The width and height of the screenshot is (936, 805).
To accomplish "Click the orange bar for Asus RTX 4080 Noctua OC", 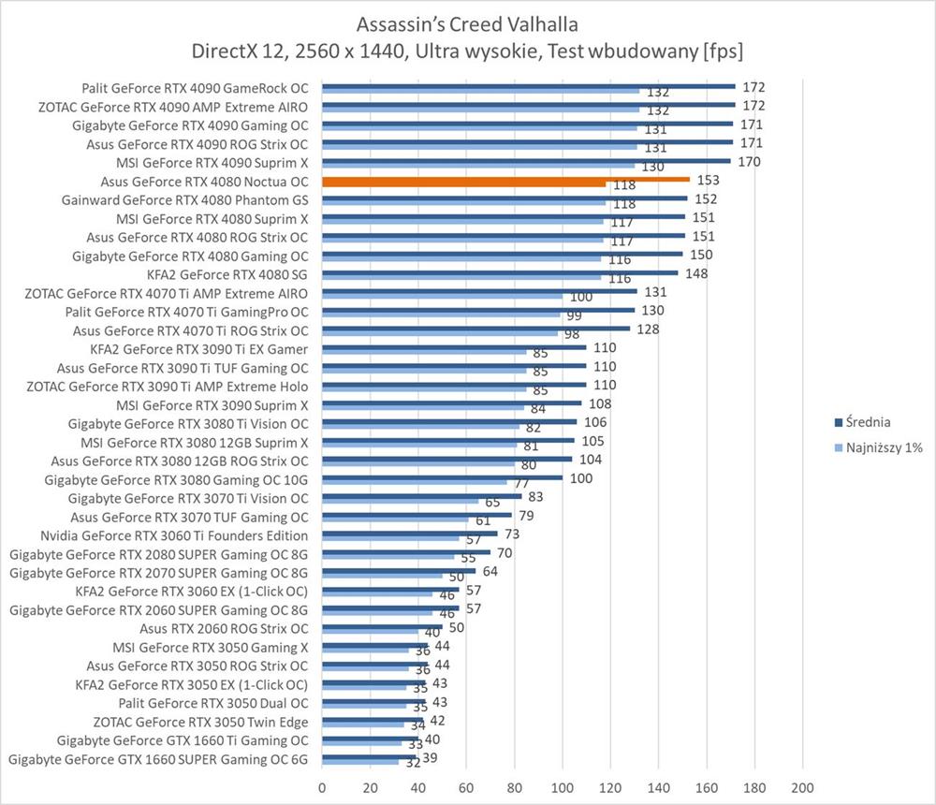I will (505, 179).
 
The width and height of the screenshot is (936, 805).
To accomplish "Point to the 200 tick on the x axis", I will (802, 787).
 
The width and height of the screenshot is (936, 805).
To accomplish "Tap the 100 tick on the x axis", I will (562, 787).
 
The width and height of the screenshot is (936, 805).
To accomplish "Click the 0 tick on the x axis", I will (322, 787).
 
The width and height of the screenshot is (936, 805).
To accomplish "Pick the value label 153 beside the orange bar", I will (706, 180).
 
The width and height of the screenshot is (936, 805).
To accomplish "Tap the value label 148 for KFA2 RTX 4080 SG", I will (695, 273).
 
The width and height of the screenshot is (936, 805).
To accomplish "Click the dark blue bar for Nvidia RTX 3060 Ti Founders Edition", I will (409, 533).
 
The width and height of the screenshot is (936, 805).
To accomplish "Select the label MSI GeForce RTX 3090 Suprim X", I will (212, 405).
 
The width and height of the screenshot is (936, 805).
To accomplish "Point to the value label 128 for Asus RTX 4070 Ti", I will (647, 329).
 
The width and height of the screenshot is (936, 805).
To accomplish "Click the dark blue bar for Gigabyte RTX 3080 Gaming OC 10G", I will (442, 476).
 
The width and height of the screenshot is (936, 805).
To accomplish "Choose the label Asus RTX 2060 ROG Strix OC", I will (224, 628).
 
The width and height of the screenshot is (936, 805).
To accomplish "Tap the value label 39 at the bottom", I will (431, 756).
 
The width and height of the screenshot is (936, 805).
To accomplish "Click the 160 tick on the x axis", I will (706, 787).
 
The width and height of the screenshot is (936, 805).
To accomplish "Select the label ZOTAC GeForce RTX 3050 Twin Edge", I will (201, 722).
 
